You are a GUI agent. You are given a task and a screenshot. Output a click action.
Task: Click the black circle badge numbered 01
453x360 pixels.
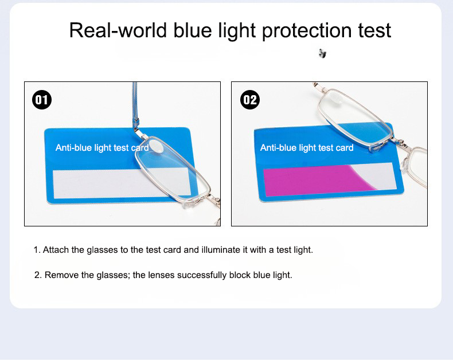(42, 100)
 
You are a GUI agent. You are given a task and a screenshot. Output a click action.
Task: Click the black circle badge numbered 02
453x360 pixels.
(250, 100)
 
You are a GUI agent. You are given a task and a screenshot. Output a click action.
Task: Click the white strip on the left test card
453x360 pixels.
(92, 182)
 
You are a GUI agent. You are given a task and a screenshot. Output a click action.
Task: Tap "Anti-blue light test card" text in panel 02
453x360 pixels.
(307, 148)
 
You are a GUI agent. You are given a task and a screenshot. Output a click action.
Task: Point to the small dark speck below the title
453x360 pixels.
(322, 54)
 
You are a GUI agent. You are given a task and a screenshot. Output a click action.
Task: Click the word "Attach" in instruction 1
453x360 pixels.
(56, 250)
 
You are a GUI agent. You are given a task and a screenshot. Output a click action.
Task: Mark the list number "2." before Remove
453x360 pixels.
(38, 275)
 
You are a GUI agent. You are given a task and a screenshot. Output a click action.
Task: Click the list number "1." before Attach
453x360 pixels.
(37, 250)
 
